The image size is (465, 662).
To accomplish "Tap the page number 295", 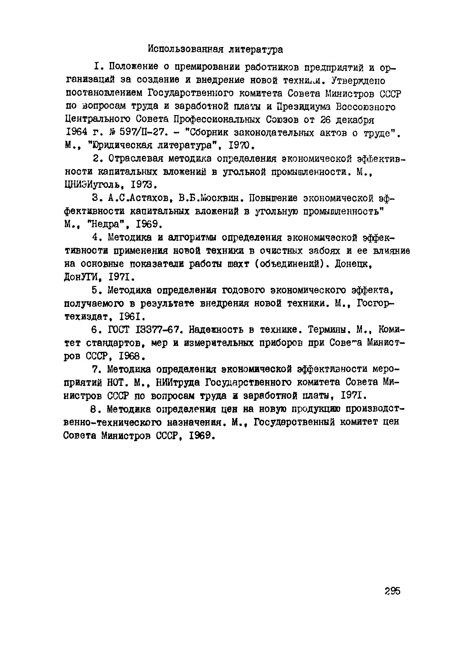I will click(392, 591).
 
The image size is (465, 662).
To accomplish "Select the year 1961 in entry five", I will click(131, 317).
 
